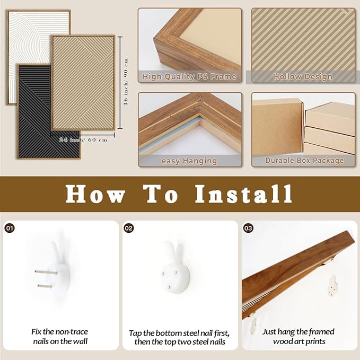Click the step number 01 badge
[10, 228]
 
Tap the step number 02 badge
[129, 228]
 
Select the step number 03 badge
[248, 228]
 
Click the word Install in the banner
[243, 194]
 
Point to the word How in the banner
[95, 194]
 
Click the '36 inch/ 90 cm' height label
[126, 82]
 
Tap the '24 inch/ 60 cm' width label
[83, 140]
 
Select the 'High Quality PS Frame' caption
[189, 76]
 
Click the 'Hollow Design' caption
[303, 76]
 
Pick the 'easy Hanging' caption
[189, 161]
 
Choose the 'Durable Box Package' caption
[304, 160]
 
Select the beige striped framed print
[83, 83]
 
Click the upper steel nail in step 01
[46, 273]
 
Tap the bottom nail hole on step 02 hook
[169, 287]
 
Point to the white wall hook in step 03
[332, 285]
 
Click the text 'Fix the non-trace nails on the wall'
[60, 336]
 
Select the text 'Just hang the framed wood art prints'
[298, 336]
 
